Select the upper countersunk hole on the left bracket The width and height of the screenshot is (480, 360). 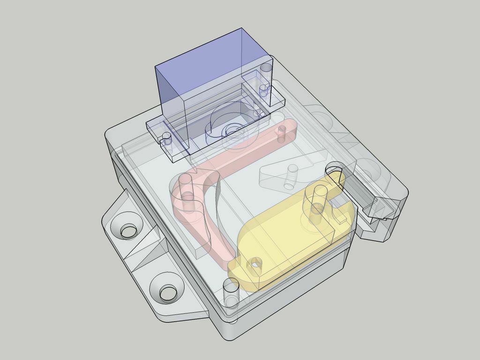tap(128, 230)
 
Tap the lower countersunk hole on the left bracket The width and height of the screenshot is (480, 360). tap(167, 293)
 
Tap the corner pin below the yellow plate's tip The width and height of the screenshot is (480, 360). tap(231, 293)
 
